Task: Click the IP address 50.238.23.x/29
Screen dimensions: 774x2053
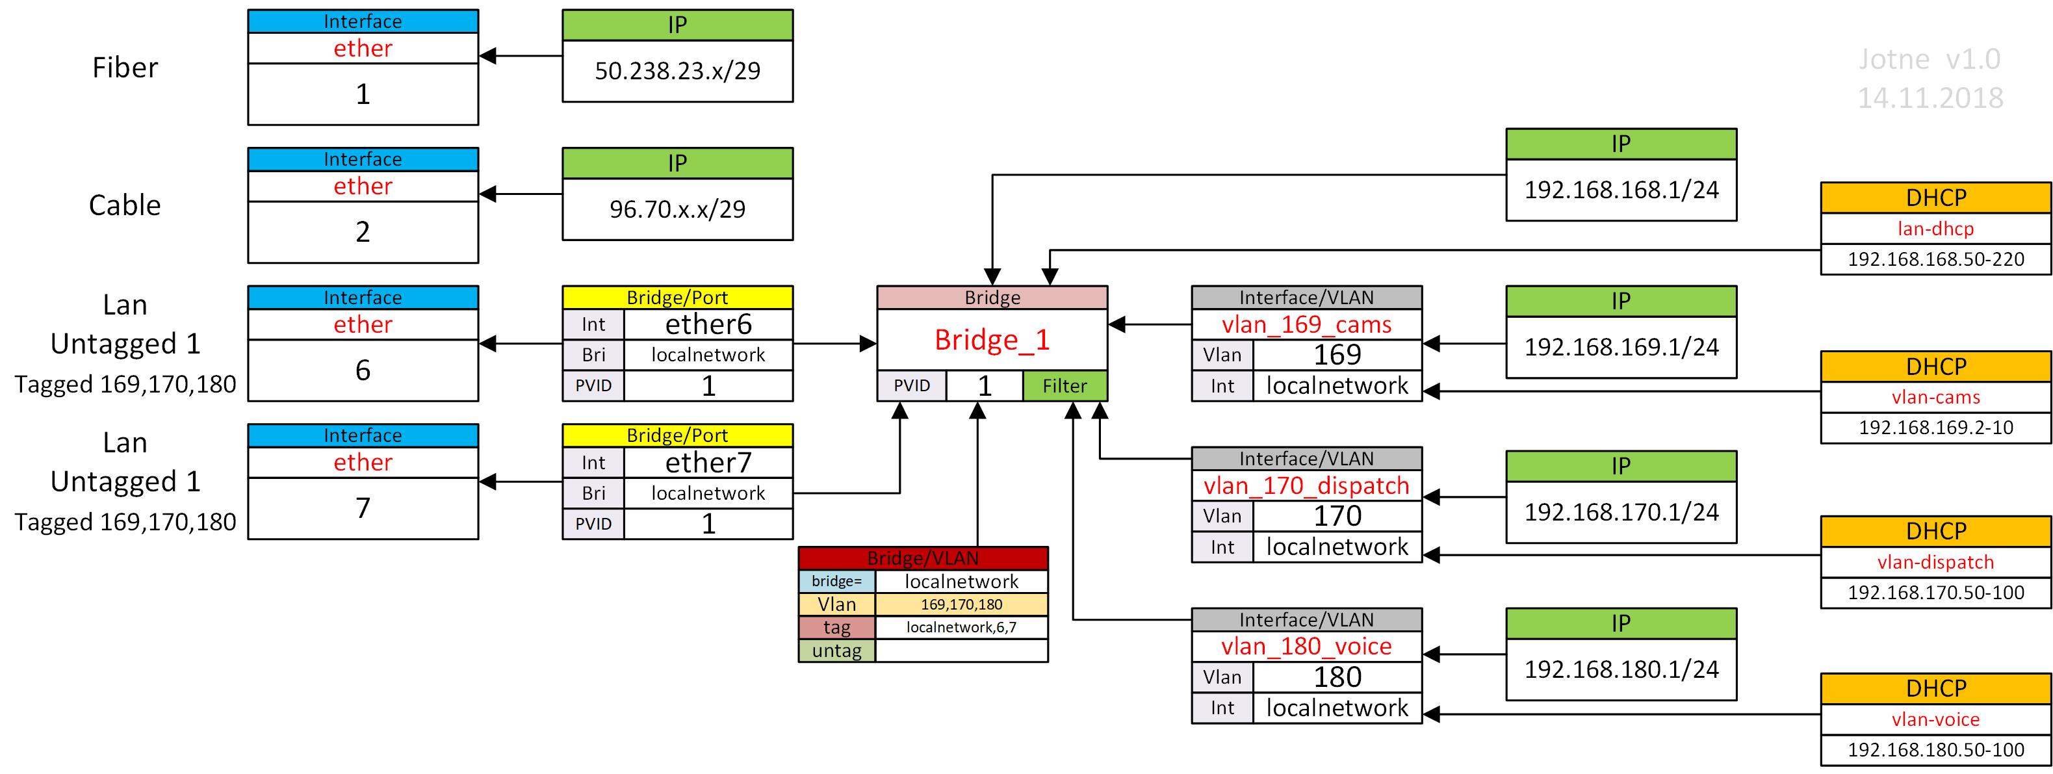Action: (677, 71)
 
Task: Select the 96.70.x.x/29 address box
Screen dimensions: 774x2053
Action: (677, 209)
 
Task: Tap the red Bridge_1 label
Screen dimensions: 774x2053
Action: (992, 340)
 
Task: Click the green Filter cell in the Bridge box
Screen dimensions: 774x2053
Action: (1065, 386)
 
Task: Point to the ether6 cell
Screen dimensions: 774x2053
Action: (708, 324)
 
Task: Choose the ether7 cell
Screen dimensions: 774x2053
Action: (708, 462)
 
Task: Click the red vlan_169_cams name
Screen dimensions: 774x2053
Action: (1306, 324)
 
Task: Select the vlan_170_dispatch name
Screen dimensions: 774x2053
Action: (1306, 485)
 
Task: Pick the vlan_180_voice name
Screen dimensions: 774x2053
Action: (1306, 647)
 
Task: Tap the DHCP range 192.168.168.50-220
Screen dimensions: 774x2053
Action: (1936, 259)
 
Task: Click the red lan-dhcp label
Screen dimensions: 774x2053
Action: (1936, 229)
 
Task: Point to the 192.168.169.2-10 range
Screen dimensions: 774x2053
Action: (1936, 427)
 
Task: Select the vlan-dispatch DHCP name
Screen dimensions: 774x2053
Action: (1936, 562)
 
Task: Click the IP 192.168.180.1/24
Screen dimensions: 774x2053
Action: (1621, 669)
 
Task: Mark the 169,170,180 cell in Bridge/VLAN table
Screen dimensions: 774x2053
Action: (961, 604)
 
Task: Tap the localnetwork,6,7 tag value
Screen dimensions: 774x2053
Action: (961, 627)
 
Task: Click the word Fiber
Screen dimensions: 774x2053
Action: (125, 68)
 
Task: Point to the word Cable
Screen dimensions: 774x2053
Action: (125, 205)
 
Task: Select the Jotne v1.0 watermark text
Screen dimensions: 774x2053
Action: (1930, 60)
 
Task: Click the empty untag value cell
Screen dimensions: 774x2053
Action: (961, 651)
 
